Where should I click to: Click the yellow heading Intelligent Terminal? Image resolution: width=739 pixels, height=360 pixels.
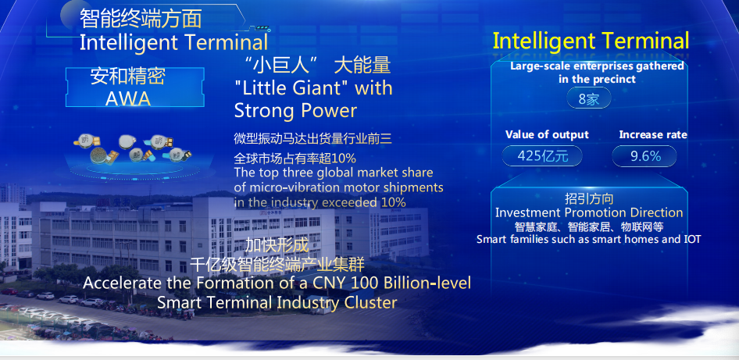tap(591, 41)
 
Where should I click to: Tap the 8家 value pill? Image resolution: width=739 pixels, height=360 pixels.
tap(589, 99)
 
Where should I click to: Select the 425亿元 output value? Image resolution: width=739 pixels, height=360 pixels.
tap(542, 156)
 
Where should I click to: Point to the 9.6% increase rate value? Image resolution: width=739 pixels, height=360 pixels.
tap(644, 156)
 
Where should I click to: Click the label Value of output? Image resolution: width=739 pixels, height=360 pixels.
tap(547, 135)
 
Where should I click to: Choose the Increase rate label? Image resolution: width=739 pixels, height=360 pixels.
tap(653, 135)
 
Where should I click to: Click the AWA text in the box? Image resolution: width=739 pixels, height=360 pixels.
tap(128, 98)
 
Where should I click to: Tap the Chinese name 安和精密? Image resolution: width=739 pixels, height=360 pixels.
tap(128, 77)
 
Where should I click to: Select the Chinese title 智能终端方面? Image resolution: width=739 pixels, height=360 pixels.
tap(141, 19)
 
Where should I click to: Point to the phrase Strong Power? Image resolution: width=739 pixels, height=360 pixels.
tap(295, 111)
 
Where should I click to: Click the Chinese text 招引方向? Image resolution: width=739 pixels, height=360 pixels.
tap(589, 198)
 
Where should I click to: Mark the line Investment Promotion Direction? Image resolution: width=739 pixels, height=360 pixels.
tap(589, 212)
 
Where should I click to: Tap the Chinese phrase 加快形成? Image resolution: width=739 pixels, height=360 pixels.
tap(277, 245)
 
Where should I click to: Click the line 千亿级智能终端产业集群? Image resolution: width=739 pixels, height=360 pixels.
tap(277, 265)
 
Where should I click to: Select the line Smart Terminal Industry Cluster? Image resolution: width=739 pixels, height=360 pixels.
tap(277, 302)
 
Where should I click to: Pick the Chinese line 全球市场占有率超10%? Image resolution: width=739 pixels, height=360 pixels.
tap(295, 158)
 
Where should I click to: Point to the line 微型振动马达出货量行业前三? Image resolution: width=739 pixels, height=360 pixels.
tap(313, 138)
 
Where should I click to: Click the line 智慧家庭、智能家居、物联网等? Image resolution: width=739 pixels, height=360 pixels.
tap(589, 226)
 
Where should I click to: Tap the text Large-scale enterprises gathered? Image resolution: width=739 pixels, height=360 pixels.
tap(597, 66)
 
